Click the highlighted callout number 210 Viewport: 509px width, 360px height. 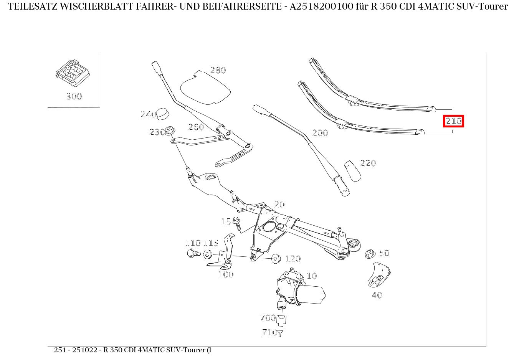click(x=453, y=121)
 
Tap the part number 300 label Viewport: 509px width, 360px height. click(x=74, y=96)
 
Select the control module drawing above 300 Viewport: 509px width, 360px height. click(x=73, y=73)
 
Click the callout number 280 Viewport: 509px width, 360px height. click(x=218, y=70)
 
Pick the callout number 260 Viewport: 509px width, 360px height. click(x=196, y=127)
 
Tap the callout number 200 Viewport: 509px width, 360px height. click(x=320, y=133)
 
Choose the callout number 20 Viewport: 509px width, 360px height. click(x=279, y=205)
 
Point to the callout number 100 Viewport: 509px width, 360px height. click(x=226, y=274)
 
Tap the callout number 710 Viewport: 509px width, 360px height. click(x=269, y=332)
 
